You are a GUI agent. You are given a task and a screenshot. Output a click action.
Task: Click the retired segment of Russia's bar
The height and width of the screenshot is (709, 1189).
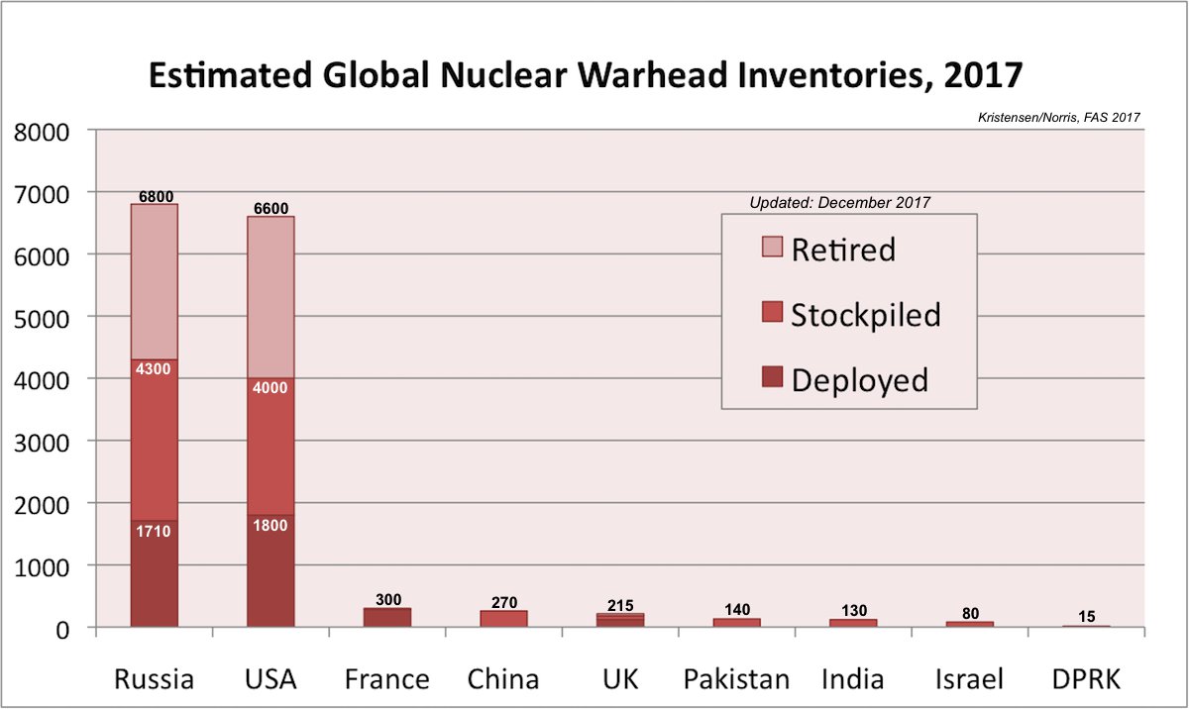[154, 282]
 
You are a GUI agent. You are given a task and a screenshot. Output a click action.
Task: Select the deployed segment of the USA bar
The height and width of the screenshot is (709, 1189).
[270, 579]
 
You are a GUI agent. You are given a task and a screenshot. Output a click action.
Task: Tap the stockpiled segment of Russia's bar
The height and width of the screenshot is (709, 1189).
[154, 446]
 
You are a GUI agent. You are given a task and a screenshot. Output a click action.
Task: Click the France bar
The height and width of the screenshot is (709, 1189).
[387, 617]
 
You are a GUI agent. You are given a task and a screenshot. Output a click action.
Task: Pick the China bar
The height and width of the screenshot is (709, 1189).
[504, 619]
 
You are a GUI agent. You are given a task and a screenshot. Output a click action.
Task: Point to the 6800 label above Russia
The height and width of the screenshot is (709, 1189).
[154, 197]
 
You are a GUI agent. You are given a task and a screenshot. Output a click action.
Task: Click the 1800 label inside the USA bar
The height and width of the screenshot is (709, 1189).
[270, 526]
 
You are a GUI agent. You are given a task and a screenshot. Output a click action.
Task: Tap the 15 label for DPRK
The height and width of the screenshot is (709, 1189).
[1087, 617]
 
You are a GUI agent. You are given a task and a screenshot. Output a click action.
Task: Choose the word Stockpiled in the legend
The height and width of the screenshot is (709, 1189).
[865, 315]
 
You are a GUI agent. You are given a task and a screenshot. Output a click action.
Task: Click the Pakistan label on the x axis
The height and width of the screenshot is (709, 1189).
[737, 679]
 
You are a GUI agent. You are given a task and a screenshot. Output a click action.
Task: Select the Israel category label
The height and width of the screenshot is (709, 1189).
[969, 679]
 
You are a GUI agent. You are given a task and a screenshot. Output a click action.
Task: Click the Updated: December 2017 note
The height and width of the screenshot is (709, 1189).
[840, 203]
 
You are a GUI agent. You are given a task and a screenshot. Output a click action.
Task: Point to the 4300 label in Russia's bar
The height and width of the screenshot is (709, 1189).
[154, 369]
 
